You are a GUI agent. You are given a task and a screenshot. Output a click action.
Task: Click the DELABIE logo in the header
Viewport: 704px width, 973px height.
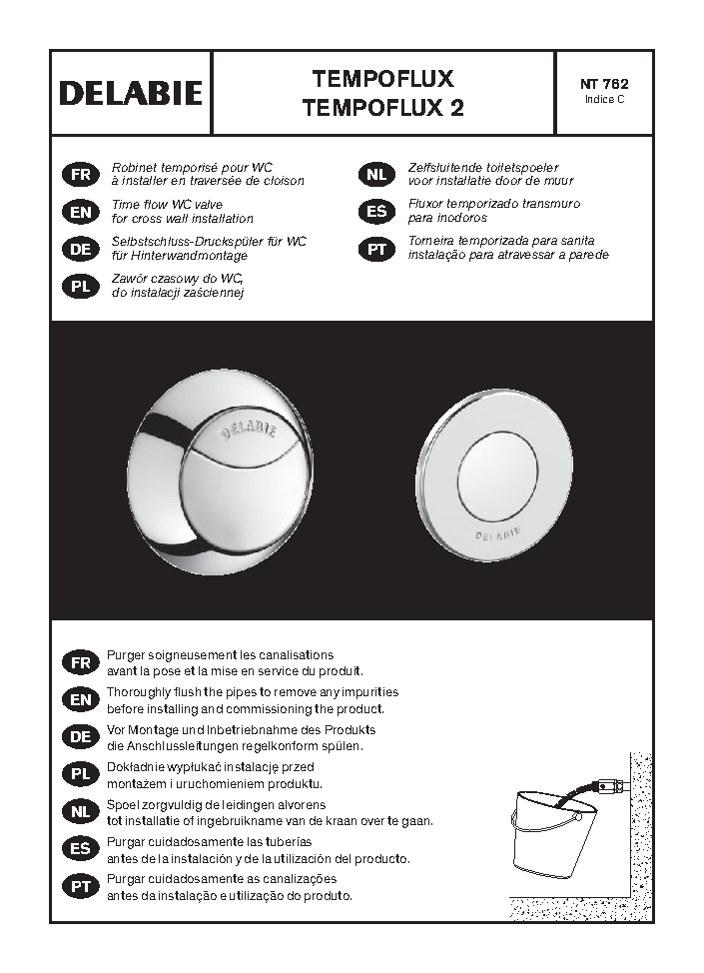coord(131,93)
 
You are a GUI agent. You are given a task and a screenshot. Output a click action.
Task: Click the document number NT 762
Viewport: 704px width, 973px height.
coord(604,84)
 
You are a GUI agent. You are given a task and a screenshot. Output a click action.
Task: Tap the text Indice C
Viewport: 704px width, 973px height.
coord(604,99)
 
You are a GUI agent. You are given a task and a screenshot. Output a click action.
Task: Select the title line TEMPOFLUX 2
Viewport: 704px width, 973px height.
coord(383,108)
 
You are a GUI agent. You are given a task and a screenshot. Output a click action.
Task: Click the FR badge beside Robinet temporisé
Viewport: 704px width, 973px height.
coord(81,175)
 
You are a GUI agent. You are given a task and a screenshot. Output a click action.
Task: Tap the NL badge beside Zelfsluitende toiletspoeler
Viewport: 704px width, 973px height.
coord(376,175)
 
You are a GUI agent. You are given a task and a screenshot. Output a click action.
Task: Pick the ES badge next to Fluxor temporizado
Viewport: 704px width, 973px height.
coord(376,212)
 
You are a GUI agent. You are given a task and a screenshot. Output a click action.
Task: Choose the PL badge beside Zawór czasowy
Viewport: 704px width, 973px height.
coord(81,287)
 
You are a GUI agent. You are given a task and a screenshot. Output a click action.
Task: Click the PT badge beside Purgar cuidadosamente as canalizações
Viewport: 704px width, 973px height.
coord(81,887)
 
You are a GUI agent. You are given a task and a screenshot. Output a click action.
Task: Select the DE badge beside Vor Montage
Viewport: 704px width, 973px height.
coord(81,737)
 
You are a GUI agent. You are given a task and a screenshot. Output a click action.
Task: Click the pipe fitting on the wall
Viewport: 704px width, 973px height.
coord(610,786)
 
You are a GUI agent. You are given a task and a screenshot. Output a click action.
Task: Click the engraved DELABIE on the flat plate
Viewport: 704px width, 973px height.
coord(498,534)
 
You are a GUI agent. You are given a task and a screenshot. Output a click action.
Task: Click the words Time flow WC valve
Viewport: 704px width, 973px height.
coord(167,204)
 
